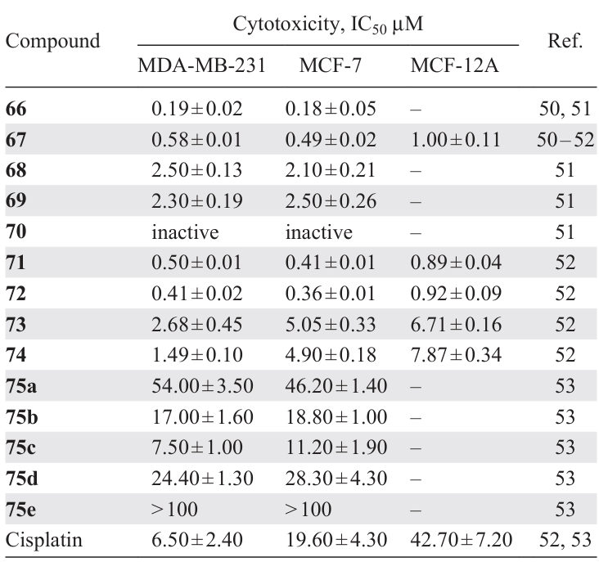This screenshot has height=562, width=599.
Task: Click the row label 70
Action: (x=16, y=232)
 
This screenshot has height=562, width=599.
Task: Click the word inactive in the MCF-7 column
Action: (x=319, y=232)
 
